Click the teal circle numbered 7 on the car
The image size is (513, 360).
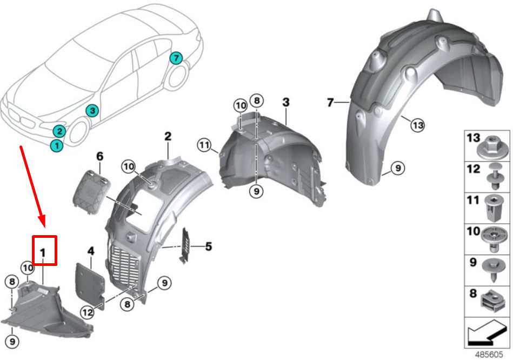[175, 58]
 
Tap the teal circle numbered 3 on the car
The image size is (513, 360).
[92, 110]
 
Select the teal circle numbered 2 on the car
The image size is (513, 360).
[59, 131]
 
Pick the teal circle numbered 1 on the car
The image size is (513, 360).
[56, 145]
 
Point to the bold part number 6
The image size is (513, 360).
[99, 156]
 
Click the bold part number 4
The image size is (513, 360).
[91, 251]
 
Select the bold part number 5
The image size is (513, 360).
[208, 248]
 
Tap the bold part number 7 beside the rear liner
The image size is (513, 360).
[330, 102]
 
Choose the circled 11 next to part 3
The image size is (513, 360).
[204, 145]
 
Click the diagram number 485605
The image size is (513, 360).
[488, 354]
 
